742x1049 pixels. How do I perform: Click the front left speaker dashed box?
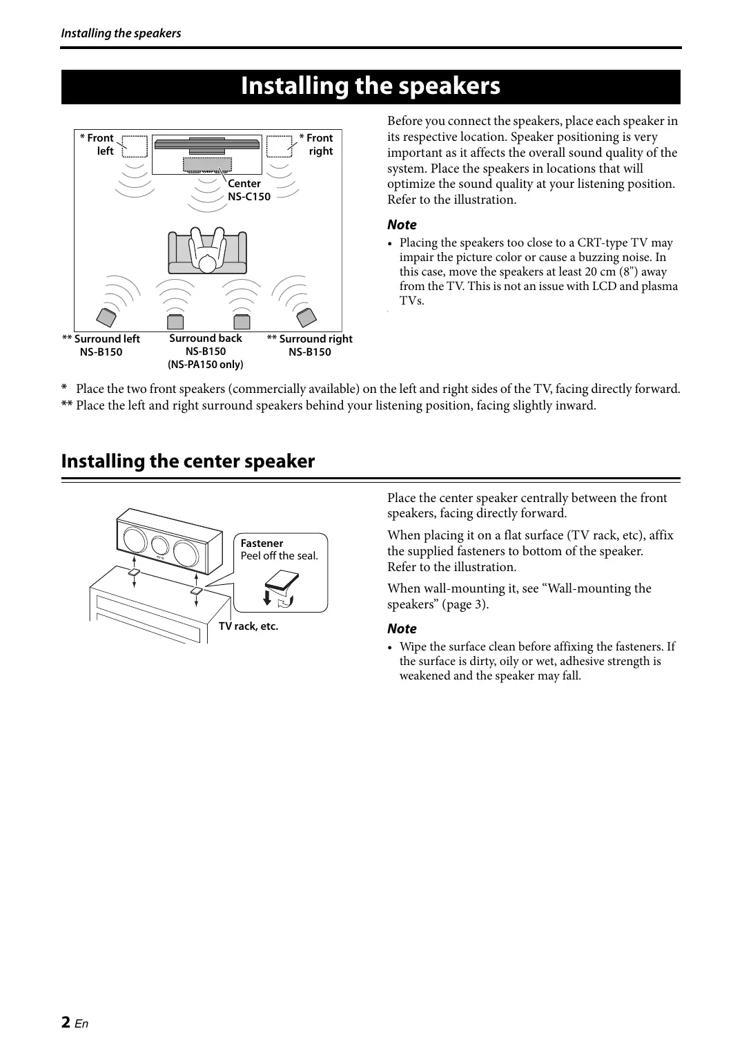pyautogui.click(x=135, y=146)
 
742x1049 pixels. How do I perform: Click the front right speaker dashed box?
pyautogui.click(x=279, y=146)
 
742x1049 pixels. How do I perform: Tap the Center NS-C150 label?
pyautogui.click(x=248, y=190)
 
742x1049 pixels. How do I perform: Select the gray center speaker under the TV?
pyautogui.click(x=207, y=164)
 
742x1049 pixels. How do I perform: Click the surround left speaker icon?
pyautogui.click(x=106, y=318)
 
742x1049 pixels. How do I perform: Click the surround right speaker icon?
pyautogui.click(x=306, y=318)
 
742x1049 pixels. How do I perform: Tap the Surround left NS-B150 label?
pyautogui.click(x=101, y=345)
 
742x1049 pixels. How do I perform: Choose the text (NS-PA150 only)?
pyautogui.click(x=206, y=365)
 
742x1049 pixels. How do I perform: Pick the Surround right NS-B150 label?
pyautogui.click(x=309, y=345)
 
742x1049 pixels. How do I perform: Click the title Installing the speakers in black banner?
pyautogui.click(x=371, y=86)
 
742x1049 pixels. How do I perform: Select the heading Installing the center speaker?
pyautogui.click(x=188, y=461)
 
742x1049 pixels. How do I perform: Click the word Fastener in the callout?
pyautogui.click(x=262, y=543)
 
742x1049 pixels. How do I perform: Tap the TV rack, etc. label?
pyautogui.click(x=248, y=626)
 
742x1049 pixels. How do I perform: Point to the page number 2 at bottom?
pyautogui.click(x=66, y=1022)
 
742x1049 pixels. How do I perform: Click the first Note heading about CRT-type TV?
pyautogui.click(x=402, y=224)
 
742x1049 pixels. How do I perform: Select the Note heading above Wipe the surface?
pyautogui.click(x=402, y=628)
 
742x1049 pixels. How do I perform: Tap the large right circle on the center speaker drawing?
pyautogui.click(x=185, y=554)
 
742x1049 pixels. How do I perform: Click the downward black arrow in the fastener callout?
pyautogui.click(x=268, y=597)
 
